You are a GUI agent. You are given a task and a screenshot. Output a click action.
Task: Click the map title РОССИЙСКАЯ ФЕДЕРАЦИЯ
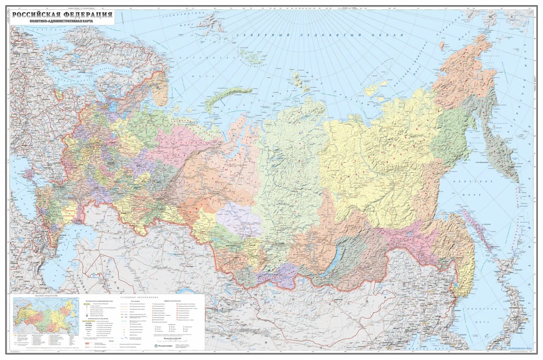[62, 14]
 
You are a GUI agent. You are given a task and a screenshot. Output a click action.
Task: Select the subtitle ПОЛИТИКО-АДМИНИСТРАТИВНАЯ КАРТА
[62, 21]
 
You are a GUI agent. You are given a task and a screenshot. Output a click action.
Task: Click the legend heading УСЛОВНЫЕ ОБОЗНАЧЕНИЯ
[136, 298]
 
